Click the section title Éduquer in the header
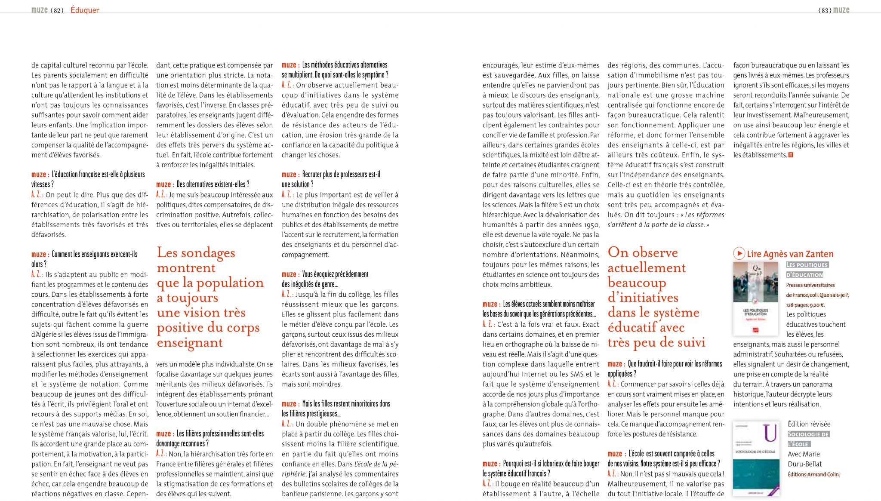[x=85, y=10]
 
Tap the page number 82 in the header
[x=57, y=10]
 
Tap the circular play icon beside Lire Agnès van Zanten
[x=739, y=253]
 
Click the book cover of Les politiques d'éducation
[x=755, y=298]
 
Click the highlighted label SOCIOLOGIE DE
[x=808, y=434]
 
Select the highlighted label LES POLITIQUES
[x=807, y=265]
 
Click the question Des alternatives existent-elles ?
[x=213, y=184]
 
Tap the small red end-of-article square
[x=791, y=155]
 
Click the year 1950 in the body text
[x=589, y=225]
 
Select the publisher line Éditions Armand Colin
[x=813, y=474]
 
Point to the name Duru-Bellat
[x=804, y=464]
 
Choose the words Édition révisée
[x=809, y=424]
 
